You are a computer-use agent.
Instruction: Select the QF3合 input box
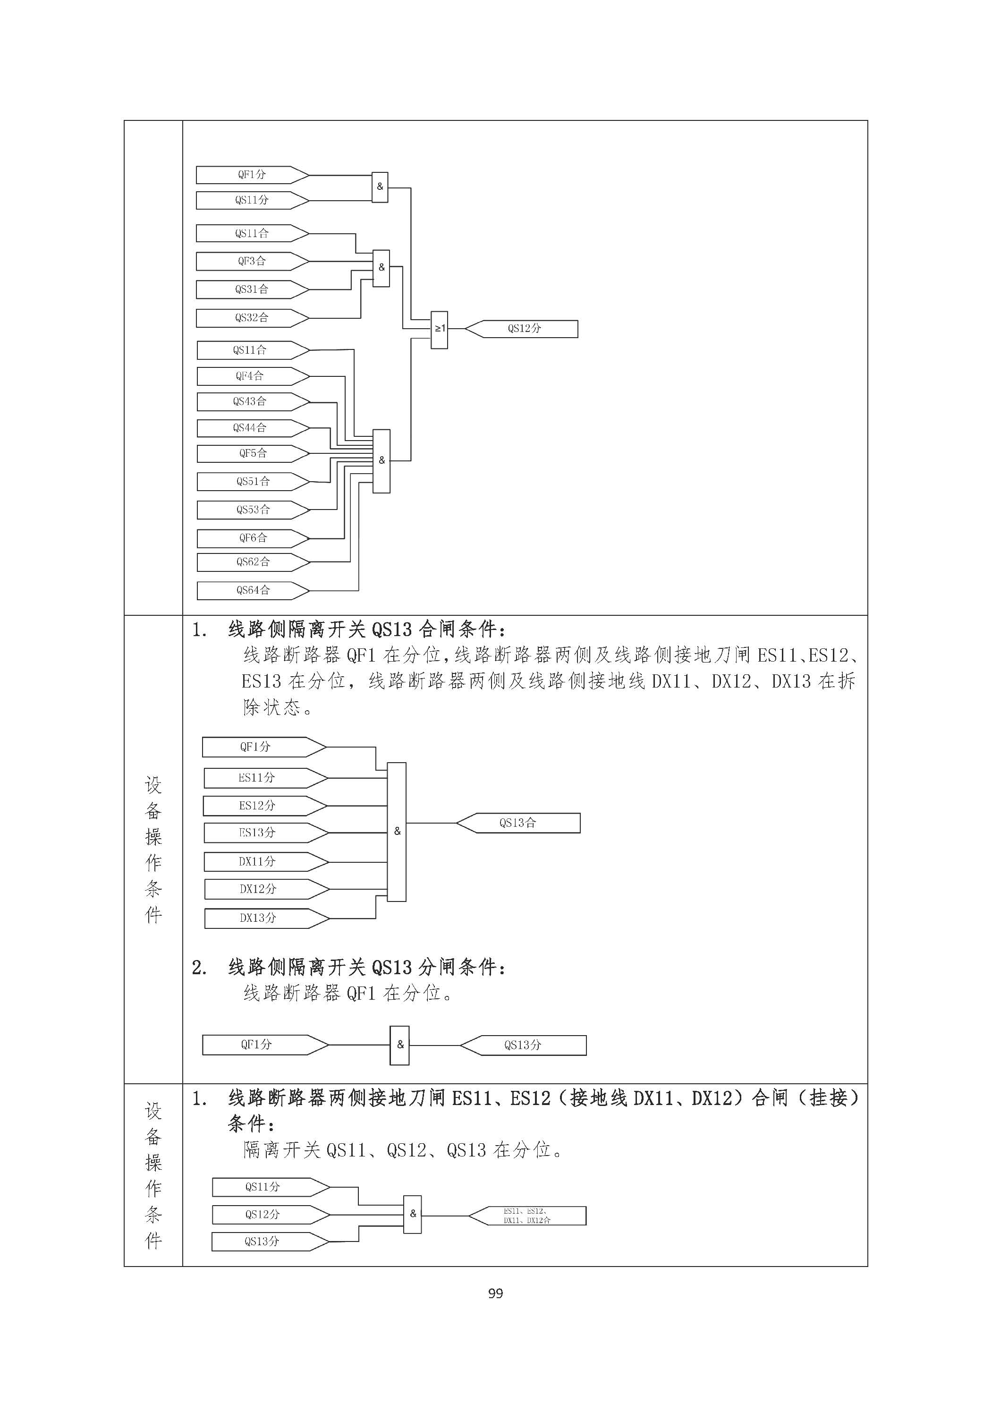point(252,262)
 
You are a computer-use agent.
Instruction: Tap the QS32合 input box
point(252,318)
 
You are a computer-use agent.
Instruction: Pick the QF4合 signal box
point(254,376)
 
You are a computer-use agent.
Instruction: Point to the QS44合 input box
point(254,428)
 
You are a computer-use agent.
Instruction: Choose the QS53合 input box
point(254,510)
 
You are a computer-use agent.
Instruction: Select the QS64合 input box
point(254,591)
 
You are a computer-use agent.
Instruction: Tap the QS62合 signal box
point(254,562)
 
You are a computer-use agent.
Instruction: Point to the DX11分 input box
point(266,862)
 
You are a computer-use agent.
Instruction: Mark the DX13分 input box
point(267,918)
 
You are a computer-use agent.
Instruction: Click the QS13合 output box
point(518,823)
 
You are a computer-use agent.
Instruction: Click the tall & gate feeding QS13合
point(397,832)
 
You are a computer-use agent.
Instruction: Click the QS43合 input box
point(254,402)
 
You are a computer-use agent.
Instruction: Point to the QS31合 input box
point(252,289)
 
